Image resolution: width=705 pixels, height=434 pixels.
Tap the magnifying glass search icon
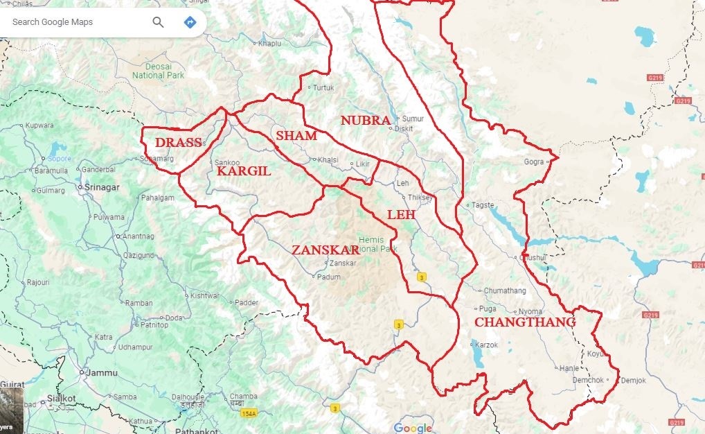(158, 22)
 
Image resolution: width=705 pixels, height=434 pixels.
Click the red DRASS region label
(178, 143)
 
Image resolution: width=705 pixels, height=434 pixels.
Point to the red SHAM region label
(296, 136)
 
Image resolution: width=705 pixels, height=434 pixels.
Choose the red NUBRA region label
(366, 121)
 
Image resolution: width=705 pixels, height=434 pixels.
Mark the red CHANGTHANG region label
(524, 322)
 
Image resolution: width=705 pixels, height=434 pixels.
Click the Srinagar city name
(101, 187)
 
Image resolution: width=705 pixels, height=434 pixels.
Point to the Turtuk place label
(323, 88)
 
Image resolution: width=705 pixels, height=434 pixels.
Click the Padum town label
(329, 277)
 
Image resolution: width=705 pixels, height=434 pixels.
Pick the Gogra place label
(534, 162)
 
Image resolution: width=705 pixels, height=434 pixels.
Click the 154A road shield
(249, 414)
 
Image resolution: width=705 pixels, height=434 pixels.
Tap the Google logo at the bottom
(412, 428)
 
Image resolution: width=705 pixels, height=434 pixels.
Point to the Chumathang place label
(505, 290)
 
